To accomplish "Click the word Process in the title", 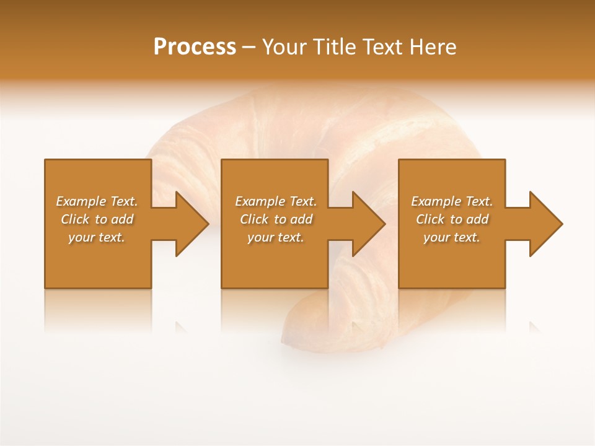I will tap(195, 47).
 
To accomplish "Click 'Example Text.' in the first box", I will tap(97, 201).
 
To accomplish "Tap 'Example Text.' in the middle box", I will tap(276, 201).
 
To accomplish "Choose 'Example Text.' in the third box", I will tap(452, 201).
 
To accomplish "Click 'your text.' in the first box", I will tap(97, 237).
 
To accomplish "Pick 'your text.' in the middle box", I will tap(276, 237).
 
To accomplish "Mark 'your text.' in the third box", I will tap(452, 237).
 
